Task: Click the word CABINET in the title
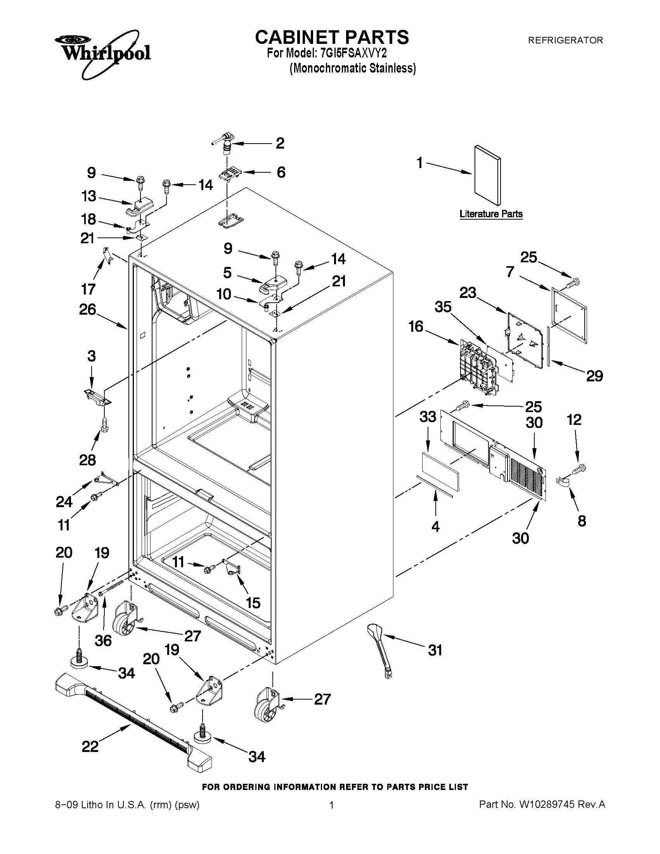[296, 37]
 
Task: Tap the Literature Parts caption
[491, 214]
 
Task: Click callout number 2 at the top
[280, 143]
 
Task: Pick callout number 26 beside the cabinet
[88, 309]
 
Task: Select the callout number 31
[435, 650]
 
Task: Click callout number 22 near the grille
[90, 747]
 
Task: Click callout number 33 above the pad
[427, 417]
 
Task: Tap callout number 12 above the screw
[574, 420]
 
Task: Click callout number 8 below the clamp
[582, 521]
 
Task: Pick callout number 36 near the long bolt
[103, 641]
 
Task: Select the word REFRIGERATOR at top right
[565, 40]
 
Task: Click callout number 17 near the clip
[88, 289]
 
